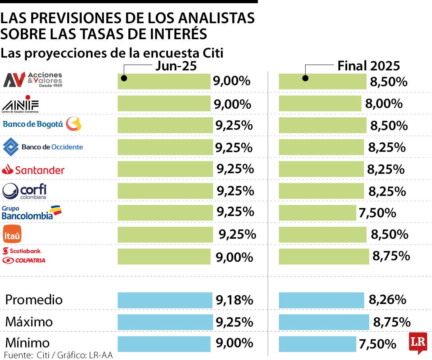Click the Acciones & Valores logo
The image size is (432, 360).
33,80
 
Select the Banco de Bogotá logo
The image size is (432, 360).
42,124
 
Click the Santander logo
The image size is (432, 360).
33,170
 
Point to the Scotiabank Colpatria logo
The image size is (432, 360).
24,256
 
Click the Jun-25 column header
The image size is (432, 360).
176,66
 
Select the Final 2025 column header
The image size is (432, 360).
368,66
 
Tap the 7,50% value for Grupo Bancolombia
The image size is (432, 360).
377,213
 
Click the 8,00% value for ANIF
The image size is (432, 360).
384,104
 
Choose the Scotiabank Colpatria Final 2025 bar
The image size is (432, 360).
324,256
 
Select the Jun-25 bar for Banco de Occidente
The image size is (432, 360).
165,147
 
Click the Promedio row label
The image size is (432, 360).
34,300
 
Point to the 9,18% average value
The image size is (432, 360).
234,299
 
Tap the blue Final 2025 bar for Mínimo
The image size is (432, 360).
317,344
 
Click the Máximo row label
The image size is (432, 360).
29,322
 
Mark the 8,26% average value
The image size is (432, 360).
387,299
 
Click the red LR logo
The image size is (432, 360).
418,342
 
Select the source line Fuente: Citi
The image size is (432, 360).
58,355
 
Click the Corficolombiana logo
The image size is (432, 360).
24,191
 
